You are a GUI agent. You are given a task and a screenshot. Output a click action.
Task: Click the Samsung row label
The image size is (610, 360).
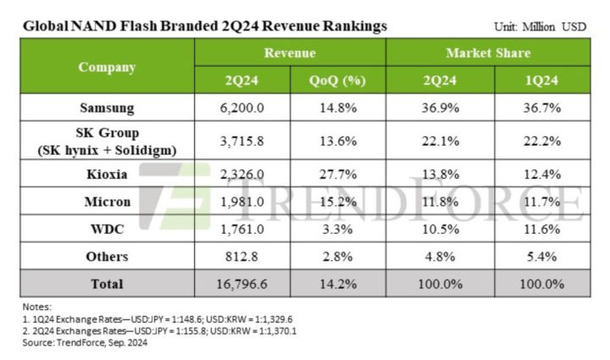point(106,108)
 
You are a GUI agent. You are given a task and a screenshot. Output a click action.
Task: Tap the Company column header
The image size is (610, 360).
point(106,66)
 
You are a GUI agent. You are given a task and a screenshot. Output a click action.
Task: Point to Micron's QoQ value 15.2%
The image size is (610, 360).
point(337,202)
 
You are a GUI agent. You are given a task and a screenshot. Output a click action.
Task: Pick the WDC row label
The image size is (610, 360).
point(106,229)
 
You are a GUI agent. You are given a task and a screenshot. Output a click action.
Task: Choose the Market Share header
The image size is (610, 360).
point(487,53)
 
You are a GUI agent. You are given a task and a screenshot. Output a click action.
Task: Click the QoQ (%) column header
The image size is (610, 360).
point(337,80)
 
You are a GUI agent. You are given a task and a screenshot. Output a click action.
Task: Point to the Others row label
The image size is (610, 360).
point(106,257)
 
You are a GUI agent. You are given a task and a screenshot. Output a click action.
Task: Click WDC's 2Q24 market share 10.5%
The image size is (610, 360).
point(439,229)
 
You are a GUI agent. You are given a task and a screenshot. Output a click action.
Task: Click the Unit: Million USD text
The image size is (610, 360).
point(540,27)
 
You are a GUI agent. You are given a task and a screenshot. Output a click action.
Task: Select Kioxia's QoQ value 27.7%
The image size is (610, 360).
point(337,174)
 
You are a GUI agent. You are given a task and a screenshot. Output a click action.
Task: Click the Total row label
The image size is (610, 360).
point(106,284)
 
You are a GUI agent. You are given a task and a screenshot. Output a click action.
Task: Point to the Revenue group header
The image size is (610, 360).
point(290,53)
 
